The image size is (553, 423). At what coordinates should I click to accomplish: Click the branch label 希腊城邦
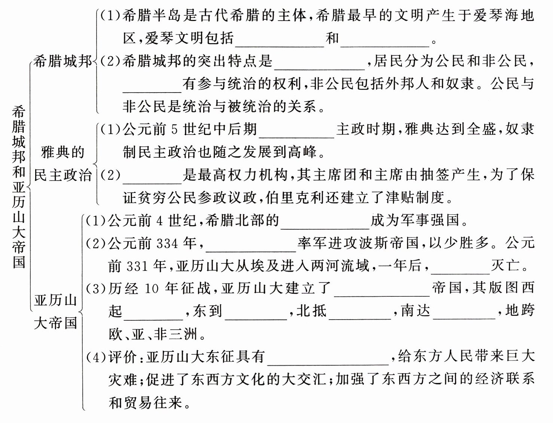click(x=62, y=61)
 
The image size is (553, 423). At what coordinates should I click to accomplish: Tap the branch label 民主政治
click(x=63, y=175)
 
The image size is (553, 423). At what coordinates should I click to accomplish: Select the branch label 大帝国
click(x=55, y=323)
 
